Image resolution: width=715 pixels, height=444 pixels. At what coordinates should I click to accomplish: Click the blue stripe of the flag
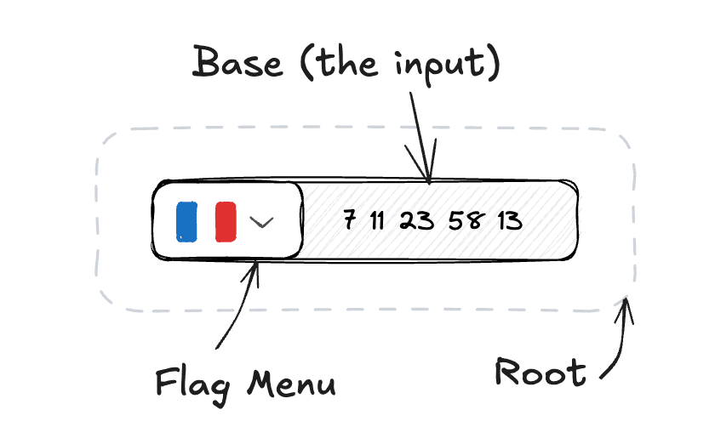click(186, 221)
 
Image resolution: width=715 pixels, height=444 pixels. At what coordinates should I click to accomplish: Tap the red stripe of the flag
click(226, 221)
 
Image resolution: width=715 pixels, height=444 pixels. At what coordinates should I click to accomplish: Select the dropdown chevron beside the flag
click(261, 222)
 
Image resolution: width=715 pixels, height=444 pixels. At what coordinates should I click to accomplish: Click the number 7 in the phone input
click(350, 220)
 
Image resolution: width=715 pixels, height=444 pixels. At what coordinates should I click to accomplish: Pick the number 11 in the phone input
click(377, 221)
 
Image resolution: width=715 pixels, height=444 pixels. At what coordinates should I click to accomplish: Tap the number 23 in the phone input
click(416, 221)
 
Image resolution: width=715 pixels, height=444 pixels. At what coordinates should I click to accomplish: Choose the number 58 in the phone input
click(465, 221)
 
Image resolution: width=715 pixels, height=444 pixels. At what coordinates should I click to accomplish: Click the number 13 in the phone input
click(509, 221)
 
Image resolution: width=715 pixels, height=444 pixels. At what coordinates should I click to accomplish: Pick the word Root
click(541, 373)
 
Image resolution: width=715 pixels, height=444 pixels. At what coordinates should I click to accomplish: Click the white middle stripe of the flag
click(206, 221)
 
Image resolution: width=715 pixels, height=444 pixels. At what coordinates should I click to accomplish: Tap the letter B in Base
click(208, 63)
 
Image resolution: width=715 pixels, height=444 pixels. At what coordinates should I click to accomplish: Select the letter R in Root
click(508, 372)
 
